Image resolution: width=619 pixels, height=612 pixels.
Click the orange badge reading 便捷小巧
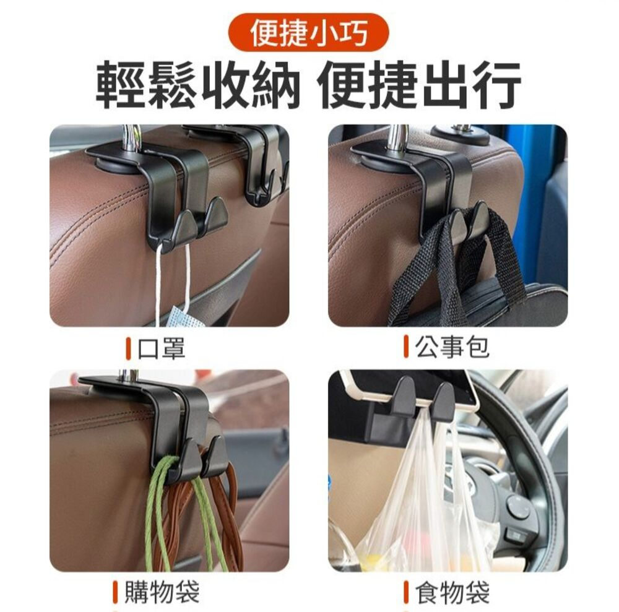pyautogui.click(x=309, y=32)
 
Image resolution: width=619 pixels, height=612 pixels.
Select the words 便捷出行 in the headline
pyautogui.click(x=420, y=85)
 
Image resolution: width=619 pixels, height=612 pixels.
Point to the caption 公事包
pyautogui.click(x=452, y=347)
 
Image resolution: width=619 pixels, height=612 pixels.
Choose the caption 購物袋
pyautogui.click(x=162, y=592)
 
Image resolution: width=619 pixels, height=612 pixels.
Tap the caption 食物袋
pyautogui.click(x=452, y=592)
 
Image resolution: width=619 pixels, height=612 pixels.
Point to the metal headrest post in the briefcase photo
pyautogui.click(x=398, y=137)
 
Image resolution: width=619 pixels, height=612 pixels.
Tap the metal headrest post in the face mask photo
pyautogui.click(x=131, y=138)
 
